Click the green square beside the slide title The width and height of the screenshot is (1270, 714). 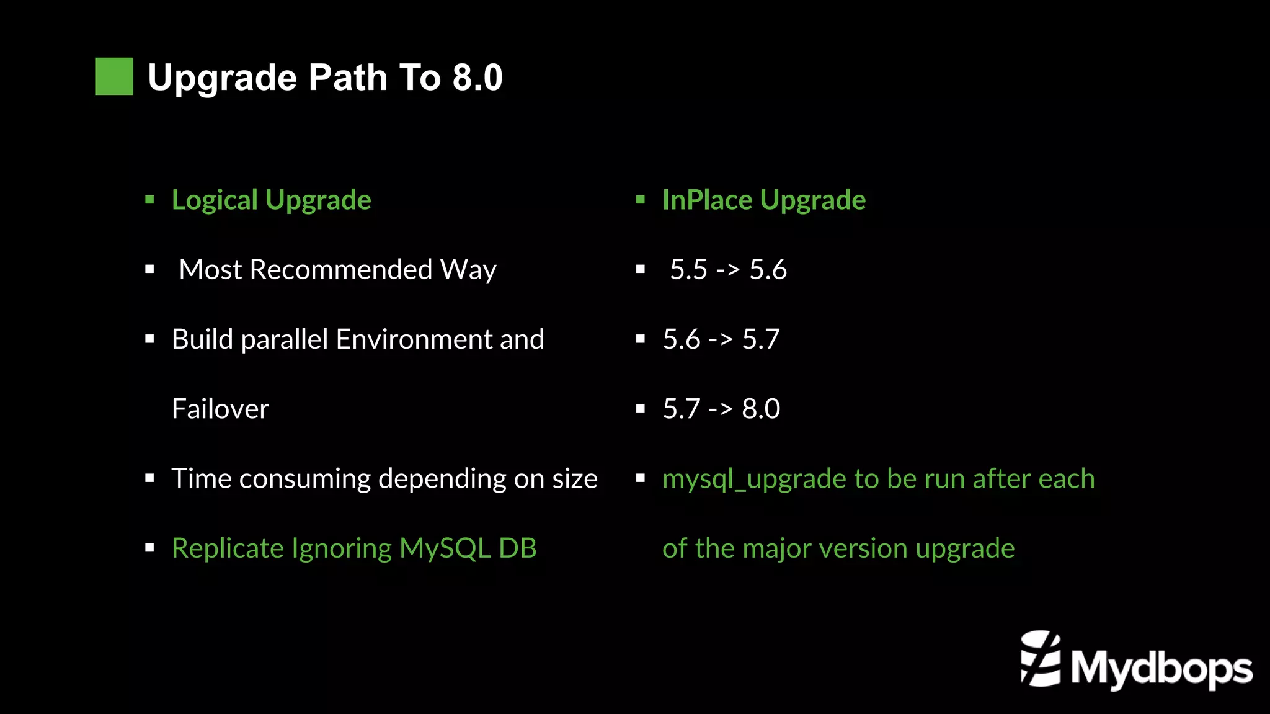coord(114,76)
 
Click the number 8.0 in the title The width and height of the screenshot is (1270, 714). coord(477,78)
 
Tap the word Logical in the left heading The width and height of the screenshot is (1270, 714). coord(215,200)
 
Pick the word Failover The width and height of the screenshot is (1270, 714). coord(220,409)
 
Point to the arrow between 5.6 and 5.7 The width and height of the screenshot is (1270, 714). coord(721,340)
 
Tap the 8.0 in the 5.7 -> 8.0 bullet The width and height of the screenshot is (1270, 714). coord(761,409)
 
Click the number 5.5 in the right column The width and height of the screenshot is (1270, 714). coord(688,270)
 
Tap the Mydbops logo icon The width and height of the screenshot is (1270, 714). coord(1040,659)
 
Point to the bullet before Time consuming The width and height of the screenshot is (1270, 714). coord(149,478)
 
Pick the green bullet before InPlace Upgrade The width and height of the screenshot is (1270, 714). coord(641,200)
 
